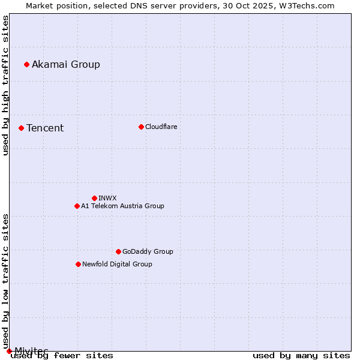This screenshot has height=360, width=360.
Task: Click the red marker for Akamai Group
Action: (x=26, y=64)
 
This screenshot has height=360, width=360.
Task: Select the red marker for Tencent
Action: (x=21, y=128)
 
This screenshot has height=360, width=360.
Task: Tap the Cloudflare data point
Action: (x=141, y=127)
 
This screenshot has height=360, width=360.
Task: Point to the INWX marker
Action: (x=94, y=198)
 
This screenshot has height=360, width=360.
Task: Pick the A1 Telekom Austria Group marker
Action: (x=77, y=206)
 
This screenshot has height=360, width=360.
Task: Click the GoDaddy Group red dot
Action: (x=118, y=251)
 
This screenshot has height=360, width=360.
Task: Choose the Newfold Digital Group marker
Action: (x=78, y=264)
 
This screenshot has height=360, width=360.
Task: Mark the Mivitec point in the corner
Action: (x=9, y=350)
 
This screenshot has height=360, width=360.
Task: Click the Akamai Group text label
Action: (x=66, y=64)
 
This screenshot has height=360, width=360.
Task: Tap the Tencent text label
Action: (x=45, y=128)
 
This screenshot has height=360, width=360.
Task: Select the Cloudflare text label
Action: (x=161, y=127)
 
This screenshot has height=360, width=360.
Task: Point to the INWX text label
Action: (x=107, y=198)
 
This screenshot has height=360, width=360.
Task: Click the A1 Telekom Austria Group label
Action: (x=122, y=206)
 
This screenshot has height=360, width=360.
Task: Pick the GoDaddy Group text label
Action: (x=148, y=251)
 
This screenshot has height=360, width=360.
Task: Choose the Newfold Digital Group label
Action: (x=117, y=264)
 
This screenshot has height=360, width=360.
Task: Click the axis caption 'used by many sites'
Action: (x=301, y=355)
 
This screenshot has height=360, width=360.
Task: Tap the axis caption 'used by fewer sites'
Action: (x=62, y=355)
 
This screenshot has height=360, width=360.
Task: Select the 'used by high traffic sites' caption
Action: (x=5, y=85)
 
